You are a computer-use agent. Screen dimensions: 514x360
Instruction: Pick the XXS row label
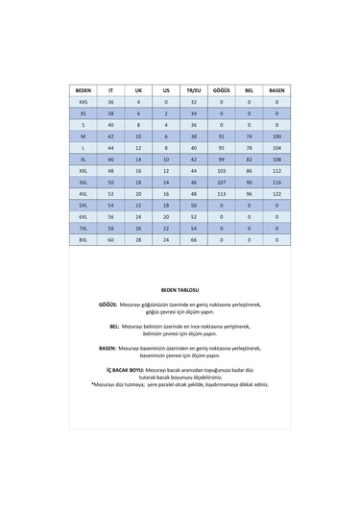83,101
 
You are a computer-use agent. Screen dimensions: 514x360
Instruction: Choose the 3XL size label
83,181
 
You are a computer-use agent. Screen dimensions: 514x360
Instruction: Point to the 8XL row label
83,238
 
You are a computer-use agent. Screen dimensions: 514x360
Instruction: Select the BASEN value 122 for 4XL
276,192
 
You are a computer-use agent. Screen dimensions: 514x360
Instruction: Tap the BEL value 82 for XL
250,159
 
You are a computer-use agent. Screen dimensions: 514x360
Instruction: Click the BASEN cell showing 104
276,147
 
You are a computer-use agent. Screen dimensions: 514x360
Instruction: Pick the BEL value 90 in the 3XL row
250,181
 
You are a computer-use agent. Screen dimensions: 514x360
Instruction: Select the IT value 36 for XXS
110,101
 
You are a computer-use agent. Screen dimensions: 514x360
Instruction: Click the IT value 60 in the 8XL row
110,238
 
